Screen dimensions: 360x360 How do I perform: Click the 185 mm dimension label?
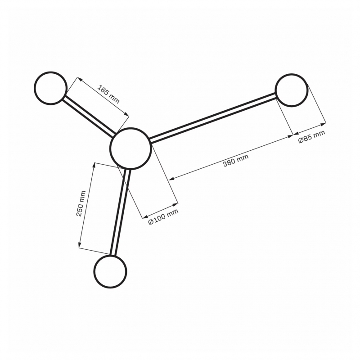(109, 94)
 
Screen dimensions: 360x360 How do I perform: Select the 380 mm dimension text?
(236, 161)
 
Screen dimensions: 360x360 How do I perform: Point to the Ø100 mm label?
(163, 217)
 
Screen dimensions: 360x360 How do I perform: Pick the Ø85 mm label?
(311, 137)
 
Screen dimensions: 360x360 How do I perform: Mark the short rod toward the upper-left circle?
(89, 115)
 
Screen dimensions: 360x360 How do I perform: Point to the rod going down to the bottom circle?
(120, 212)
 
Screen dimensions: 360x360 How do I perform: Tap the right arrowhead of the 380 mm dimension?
(289, 136)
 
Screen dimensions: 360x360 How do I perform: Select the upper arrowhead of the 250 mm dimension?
(94, 165)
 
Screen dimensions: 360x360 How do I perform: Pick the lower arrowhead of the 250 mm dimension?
(80, 245)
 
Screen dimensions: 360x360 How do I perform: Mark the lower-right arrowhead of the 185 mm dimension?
(127, 114)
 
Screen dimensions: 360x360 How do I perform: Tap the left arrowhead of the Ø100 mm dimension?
(145, 216)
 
